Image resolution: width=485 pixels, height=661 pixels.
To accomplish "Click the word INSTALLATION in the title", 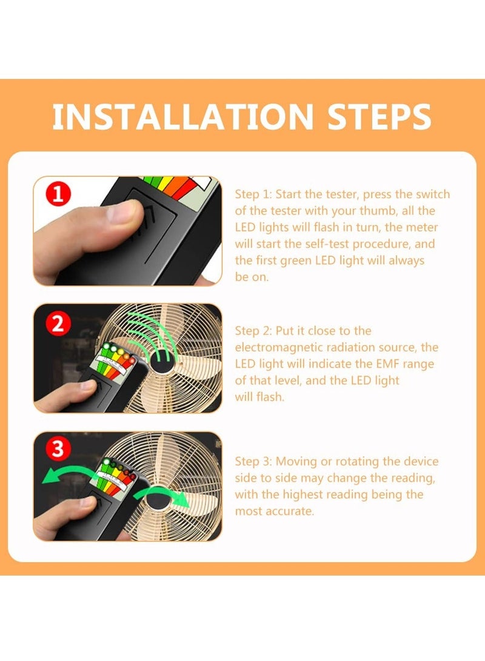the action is coord(183,117).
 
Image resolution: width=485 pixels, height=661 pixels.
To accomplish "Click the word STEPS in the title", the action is coord(379,117).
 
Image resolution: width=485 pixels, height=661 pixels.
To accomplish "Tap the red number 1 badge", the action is coord(58,194).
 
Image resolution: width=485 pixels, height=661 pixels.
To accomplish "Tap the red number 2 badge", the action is coord(58,324).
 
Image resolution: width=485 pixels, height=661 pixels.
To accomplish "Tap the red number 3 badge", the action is coord(58,449).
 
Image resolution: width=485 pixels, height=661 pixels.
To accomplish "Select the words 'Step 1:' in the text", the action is coord(253,194).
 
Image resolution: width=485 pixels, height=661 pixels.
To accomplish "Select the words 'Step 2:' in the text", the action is coord(253,331).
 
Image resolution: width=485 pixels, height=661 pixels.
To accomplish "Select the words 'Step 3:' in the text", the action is coord(253,462).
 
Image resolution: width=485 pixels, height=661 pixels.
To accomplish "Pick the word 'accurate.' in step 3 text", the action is coord(290,511).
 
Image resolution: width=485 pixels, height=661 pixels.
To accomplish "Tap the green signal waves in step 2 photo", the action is coord(154,335).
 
